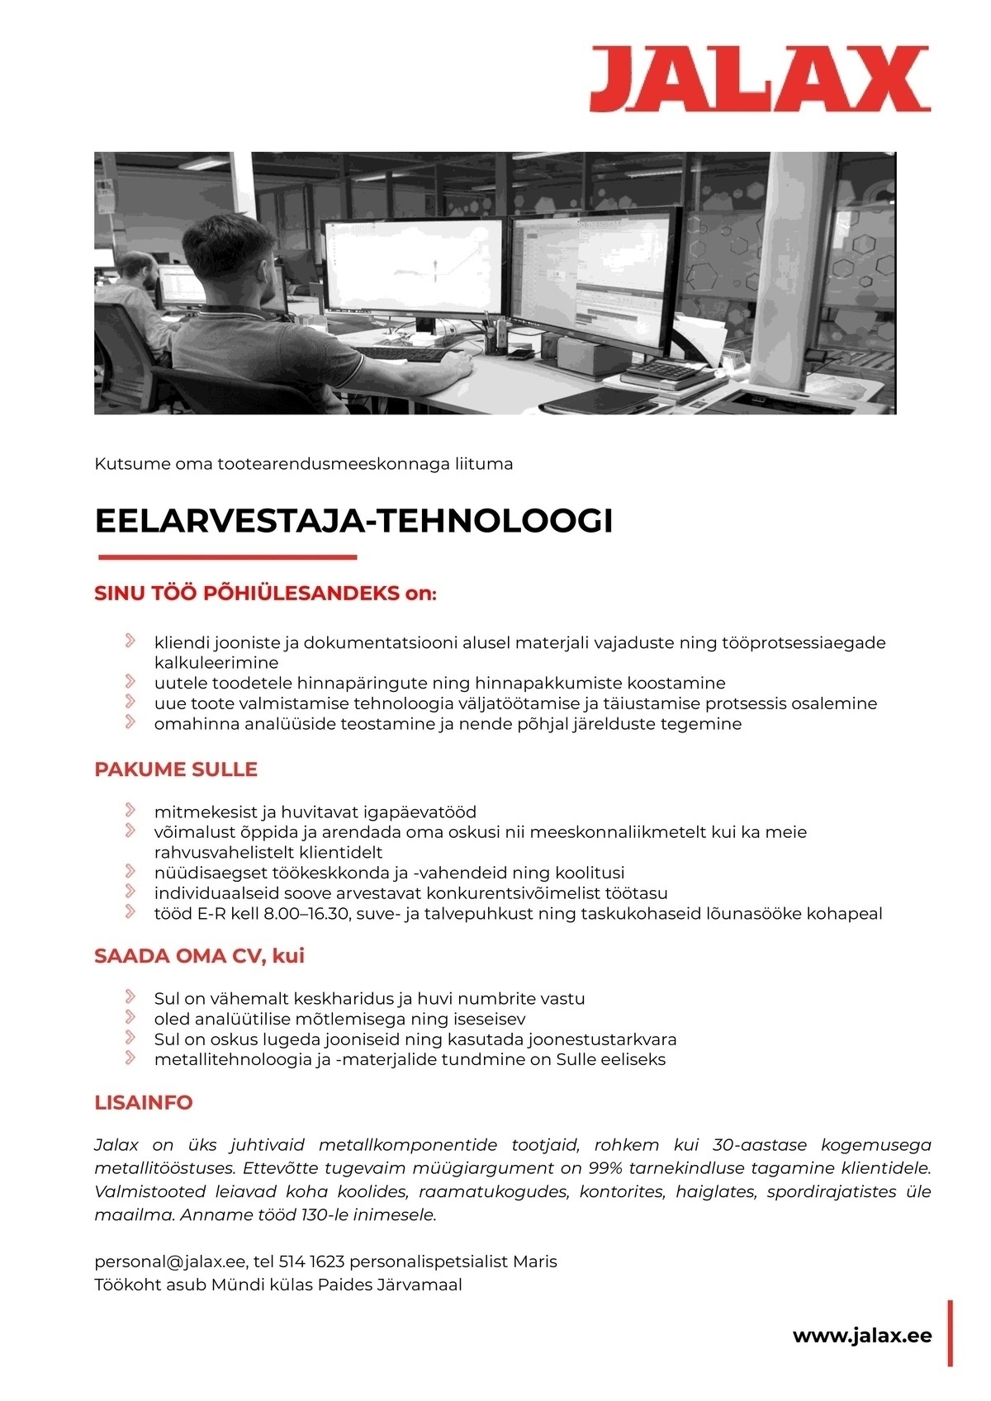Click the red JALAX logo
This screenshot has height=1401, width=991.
pyautogui.click(x=760, y=79)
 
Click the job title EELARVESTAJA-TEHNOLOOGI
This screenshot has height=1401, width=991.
pyautogui.click(x=353, y=521)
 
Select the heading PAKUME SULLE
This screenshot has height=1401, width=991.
pyautogui.click(x=176, y=769)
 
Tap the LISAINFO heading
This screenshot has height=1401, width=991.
pyautogui.click(x=144, y=1102)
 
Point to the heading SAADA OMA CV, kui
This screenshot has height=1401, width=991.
pyautogui.click(x=200, y=956)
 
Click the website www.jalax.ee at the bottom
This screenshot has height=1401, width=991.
pyautogui.click(x=862, y=1336)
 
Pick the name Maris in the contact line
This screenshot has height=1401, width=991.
pyautogui.click(x=535, y=1261)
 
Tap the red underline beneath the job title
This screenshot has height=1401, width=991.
pyautogui.click(x=227, y=557)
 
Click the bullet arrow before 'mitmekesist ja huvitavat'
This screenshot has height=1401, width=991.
pyautogui.click(x=130, y=811)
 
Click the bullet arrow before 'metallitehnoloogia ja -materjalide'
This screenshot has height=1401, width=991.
pyautogui.click(x=130, y=1058)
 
